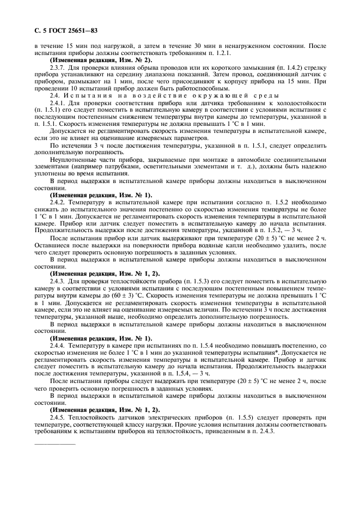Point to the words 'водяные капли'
[x=186, y=245]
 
